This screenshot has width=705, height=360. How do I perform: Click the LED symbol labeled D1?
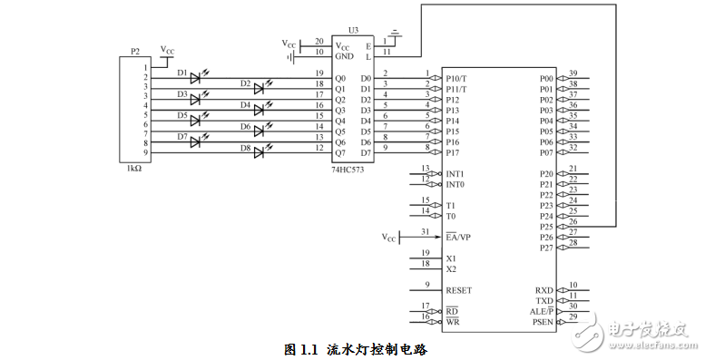tap(196, 78)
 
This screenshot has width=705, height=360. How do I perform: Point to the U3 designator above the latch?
tap(353, 30)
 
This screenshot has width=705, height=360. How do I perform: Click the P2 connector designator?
tap(135, 52)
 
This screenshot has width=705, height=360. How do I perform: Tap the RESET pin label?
tap(459, 291)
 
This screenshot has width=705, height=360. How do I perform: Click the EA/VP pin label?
tap(458, 238)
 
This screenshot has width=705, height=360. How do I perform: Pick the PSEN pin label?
tap(543, 322)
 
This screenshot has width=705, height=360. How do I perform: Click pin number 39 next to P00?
tap(573, 73)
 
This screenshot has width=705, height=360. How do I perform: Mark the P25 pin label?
tap(545, 227)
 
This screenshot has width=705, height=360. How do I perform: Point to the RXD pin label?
tap(544, 290)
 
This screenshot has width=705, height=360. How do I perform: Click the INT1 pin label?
tap(455, 174)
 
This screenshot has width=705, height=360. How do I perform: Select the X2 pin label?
tap(451, 269)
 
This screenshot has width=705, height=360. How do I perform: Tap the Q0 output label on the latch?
tap(340, 78)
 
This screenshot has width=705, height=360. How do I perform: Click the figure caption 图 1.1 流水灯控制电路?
tap(355, 348)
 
